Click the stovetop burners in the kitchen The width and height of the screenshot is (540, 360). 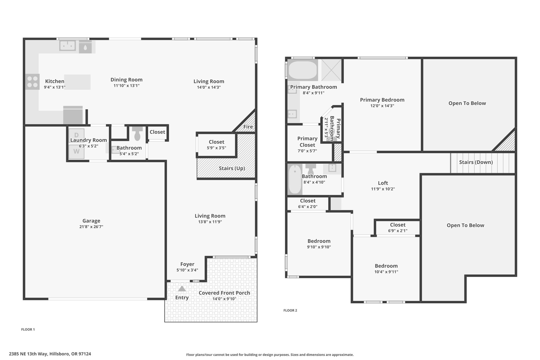32,81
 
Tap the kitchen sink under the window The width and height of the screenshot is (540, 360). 67,46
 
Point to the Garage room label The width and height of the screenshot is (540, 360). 91,221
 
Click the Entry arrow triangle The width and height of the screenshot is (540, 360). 182,289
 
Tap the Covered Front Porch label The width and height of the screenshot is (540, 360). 224,293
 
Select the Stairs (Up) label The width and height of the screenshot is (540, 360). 232,168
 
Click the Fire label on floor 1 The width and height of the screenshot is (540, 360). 248,127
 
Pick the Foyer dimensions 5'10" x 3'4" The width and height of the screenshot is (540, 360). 187,270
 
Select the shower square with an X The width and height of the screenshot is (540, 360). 331,70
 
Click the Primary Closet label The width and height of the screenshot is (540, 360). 307,142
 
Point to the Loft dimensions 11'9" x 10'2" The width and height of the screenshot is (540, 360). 383,189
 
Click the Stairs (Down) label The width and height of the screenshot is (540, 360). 476,162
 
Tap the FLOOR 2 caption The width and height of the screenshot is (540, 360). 290,310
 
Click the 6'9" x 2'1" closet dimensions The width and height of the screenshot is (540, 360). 398,231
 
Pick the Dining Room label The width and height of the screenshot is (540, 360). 127,80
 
